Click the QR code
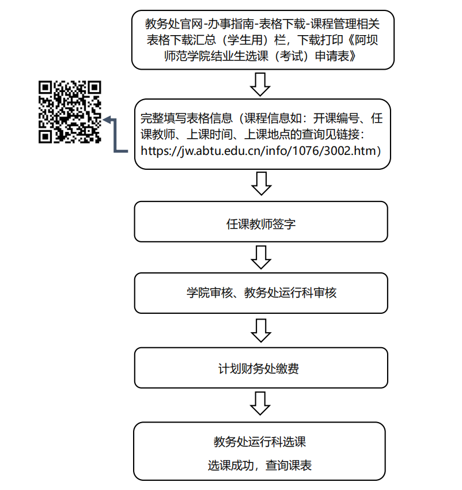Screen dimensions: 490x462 coord(70,112)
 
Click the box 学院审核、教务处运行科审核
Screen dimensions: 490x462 coord(261,293)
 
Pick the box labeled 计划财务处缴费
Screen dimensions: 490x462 coord(261,368)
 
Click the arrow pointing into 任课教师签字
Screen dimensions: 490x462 coord(261,184)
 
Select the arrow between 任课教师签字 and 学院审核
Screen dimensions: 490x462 coord(261,257)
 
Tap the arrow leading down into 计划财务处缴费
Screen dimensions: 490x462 coord(261,329)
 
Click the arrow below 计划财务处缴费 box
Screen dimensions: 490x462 coord(261,403)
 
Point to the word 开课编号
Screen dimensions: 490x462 coord(337,119)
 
